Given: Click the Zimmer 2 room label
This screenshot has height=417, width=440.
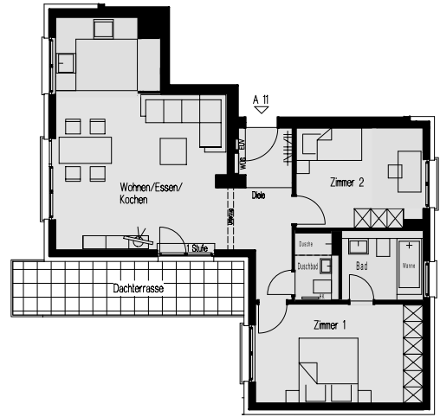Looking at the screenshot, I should coord(346,183).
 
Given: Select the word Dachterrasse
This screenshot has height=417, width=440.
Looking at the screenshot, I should coord(138,287).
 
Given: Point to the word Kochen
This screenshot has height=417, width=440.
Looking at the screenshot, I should coord(134,200).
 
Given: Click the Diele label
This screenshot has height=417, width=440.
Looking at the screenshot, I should coord(258,196).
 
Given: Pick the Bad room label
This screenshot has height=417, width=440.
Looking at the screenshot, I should coord(362,266).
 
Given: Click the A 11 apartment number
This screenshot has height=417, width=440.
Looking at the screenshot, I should coord(260,99).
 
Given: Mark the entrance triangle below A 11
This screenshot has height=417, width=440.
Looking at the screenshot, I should coord(260,110).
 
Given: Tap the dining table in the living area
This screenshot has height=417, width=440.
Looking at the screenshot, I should coord(86,151).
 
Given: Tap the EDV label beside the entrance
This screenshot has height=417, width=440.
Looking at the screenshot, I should coord(243,146).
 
